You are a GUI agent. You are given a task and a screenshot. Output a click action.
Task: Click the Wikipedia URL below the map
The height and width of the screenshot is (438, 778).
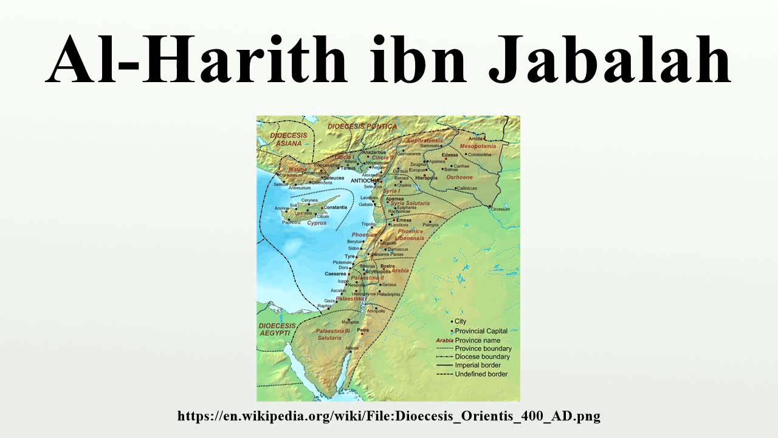point(389,417)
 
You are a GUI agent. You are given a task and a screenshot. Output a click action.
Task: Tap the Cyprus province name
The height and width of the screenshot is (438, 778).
point(317,223)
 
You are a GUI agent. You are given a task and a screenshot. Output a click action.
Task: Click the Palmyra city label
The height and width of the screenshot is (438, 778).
point(430,225)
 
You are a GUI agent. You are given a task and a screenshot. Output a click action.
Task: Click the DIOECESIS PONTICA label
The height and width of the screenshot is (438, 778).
point(362,126)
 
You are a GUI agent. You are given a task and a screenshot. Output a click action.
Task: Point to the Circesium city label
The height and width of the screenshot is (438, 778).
point(500,209)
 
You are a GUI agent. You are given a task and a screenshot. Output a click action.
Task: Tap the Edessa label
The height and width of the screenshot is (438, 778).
point(450,155)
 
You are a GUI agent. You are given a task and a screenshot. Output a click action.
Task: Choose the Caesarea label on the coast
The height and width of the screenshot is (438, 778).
point(335,274)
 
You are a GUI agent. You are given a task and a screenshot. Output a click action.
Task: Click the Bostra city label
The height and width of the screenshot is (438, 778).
point(387,266)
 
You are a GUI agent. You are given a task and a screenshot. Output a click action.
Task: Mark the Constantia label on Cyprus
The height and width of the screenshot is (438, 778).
point(335,207)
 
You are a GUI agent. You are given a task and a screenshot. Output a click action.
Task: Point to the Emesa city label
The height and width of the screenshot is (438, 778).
point(395,220)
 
